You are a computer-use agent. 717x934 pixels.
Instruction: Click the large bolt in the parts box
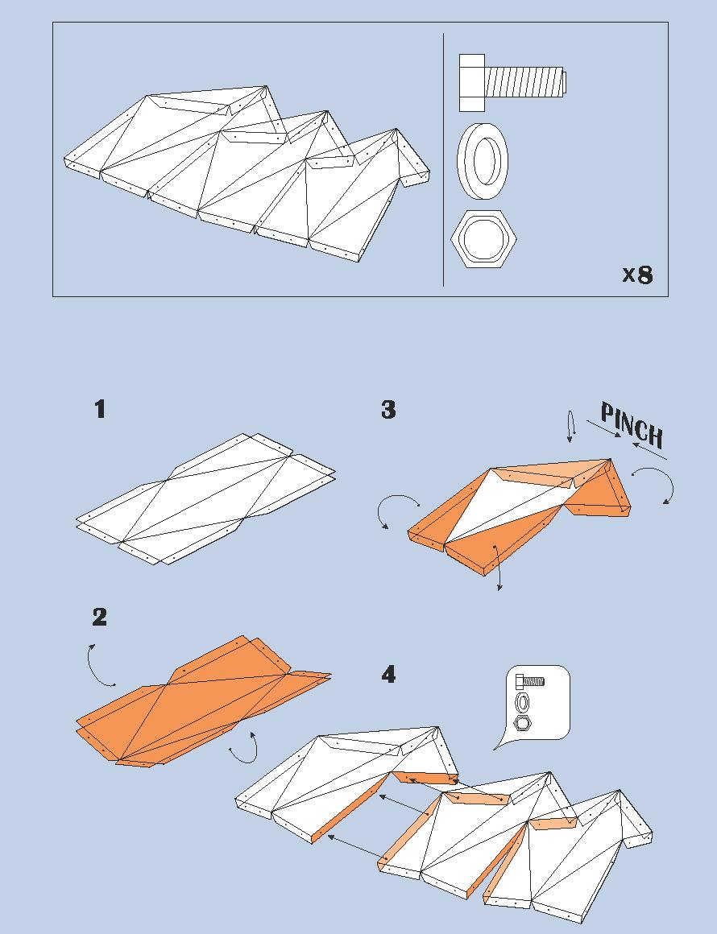[512, 82]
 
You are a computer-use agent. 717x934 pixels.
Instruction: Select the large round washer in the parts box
[483, 160]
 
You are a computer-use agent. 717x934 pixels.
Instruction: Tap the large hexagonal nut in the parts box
[483, 239]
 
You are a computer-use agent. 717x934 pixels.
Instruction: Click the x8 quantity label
[637, 275]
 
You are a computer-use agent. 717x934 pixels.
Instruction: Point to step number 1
[100, 409]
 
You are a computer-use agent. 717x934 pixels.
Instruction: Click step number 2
[100, 618]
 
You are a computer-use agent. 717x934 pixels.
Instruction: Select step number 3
[388, 410]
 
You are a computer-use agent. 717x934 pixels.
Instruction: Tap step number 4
[388, 674]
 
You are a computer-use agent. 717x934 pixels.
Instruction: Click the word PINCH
[633, 425]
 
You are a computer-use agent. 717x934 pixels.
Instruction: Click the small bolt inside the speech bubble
[529, 682]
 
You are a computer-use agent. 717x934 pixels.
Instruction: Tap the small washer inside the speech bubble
[523, 702]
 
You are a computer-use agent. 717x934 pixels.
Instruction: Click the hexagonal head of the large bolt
[472, 82]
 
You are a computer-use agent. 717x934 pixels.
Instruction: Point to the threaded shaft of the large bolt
[525, 82]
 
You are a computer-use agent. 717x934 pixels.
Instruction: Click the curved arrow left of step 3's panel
[394, 511]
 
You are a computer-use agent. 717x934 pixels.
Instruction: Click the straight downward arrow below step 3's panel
[499, 568]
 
